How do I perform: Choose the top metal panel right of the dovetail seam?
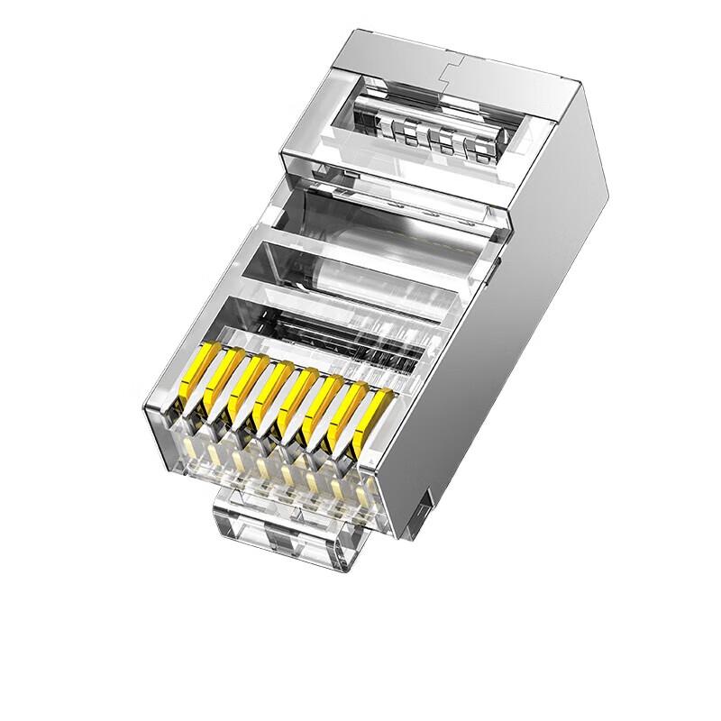(514, 81)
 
